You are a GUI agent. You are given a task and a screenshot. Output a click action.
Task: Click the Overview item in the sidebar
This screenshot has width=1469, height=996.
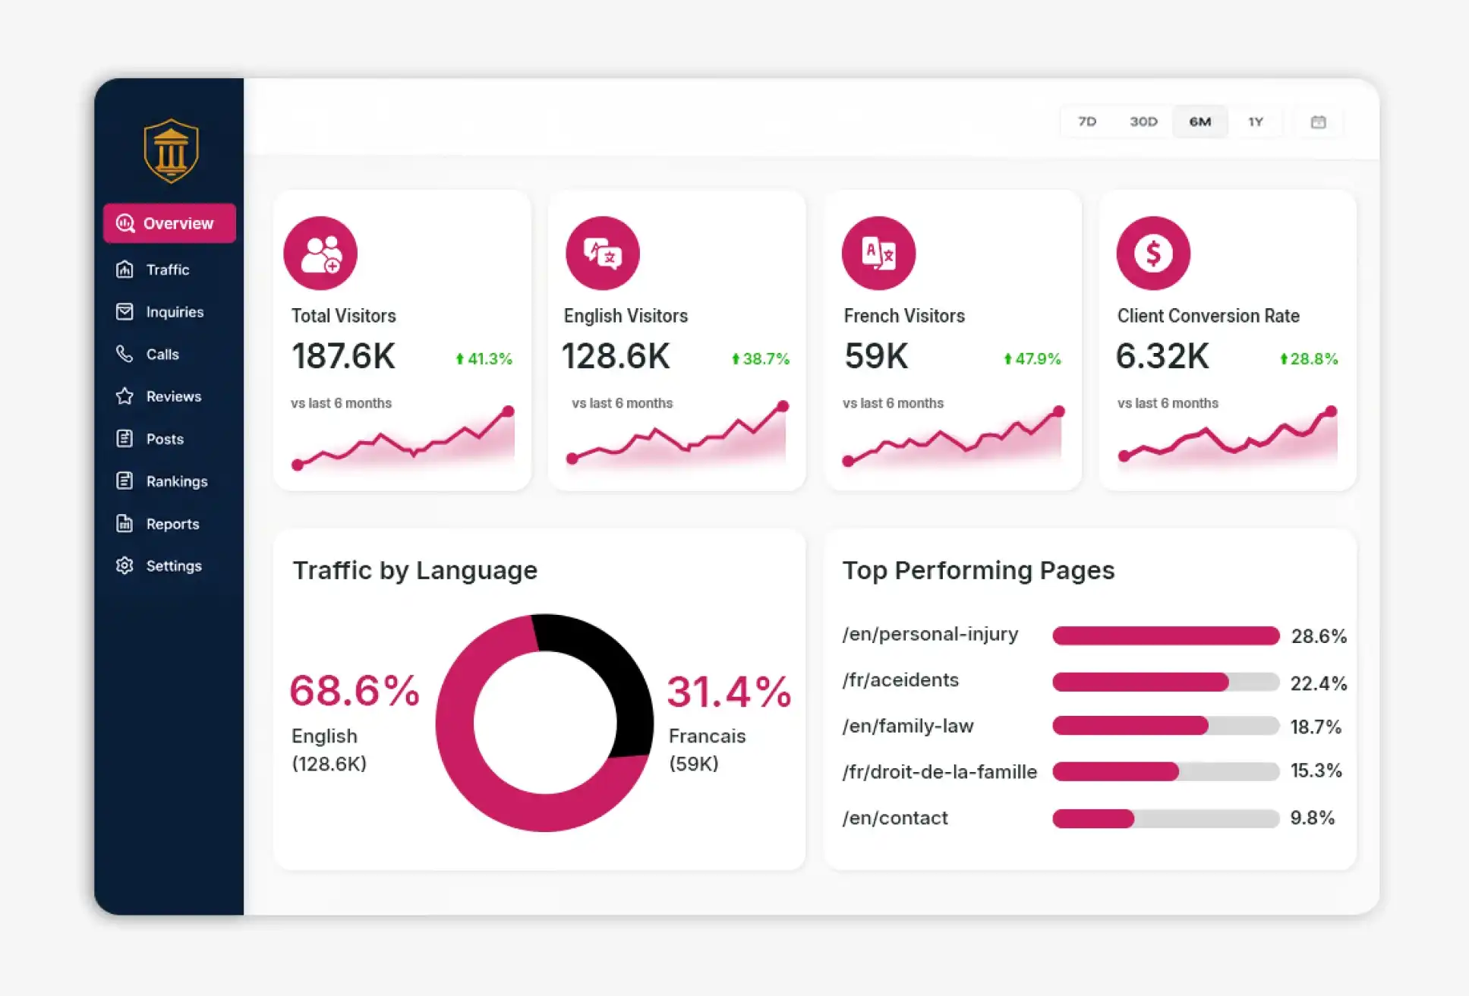(169, 223)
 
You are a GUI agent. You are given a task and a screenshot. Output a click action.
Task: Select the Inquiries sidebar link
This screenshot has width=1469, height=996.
(160, 312)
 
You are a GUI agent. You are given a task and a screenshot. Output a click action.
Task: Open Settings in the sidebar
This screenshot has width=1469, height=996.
(159, 566)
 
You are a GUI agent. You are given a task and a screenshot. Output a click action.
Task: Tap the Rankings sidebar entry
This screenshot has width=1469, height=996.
(162, 481)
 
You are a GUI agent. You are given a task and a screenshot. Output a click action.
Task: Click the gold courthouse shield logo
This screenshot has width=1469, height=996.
(171, 151)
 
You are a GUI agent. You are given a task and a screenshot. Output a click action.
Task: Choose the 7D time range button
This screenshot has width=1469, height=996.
(1087, 121)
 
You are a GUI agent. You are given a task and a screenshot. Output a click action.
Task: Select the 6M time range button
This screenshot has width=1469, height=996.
(1200, 121)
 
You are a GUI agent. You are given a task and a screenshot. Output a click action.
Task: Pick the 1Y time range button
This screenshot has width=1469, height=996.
(1256, 121)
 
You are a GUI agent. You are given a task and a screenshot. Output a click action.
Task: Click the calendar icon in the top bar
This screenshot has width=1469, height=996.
(1319, 122)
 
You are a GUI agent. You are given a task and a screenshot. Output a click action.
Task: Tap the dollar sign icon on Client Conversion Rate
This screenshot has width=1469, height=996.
(1153, 254)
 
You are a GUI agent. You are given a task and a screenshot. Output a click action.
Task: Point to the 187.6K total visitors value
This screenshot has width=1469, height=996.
(343, 356)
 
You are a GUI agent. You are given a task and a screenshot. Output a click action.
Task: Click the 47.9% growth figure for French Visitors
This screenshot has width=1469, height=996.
(1032, 358)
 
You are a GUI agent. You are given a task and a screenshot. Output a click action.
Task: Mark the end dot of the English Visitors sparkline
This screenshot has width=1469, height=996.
(783, 406)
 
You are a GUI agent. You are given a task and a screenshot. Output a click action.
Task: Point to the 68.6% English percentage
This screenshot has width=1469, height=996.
(355, 691)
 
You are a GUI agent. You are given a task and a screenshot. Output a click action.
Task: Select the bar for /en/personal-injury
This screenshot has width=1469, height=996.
(1166, 635)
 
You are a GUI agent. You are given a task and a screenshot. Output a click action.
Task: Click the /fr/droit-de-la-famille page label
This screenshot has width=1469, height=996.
(940, 772)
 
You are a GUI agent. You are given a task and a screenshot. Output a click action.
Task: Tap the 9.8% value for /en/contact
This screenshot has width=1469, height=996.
(1313, 818)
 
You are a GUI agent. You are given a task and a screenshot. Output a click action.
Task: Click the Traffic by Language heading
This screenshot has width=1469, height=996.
(415, 570)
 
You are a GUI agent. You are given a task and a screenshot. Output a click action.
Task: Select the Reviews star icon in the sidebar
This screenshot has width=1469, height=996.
(125, 396)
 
